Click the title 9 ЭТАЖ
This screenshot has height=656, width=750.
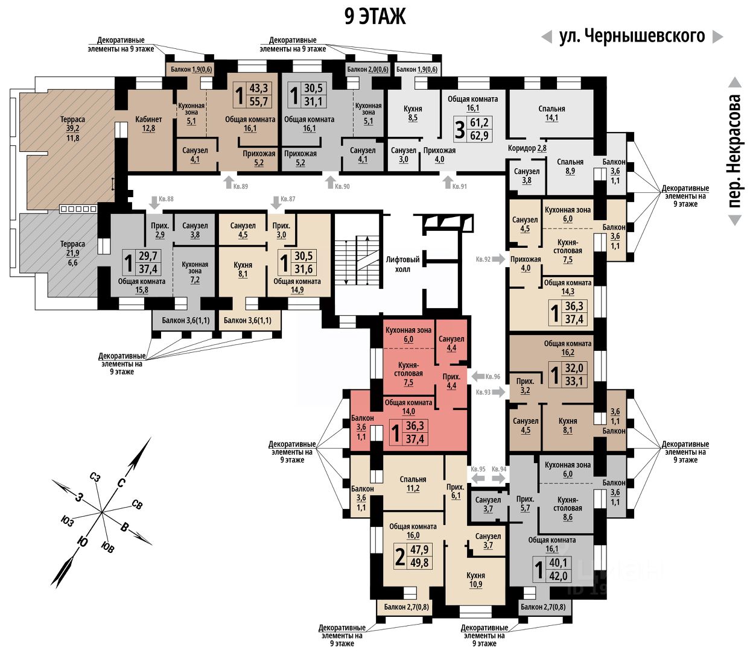point(375,16)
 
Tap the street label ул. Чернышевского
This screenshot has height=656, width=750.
point(632,36)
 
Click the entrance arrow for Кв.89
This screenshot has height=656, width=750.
point(228,181)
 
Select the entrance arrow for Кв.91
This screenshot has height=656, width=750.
point(447,181)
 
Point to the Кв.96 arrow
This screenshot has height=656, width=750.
point(477,377)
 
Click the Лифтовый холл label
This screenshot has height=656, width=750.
point(402,264)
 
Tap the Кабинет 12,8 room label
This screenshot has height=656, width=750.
point(148,124)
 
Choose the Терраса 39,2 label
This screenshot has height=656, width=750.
point(72,128)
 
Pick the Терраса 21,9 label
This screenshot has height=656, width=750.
point(72,253)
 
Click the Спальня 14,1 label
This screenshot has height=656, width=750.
point(551,113)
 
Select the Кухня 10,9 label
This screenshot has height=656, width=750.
point(475,580)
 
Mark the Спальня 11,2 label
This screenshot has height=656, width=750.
point(413,484)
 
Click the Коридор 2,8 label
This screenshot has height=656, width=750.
point(527,148)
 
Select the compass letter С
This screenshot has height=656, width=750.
point(121,482)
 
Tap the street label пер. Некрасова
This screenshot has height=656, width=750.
point(734,151)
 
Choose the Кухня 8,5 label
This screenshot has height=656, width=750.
point(413,113)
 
